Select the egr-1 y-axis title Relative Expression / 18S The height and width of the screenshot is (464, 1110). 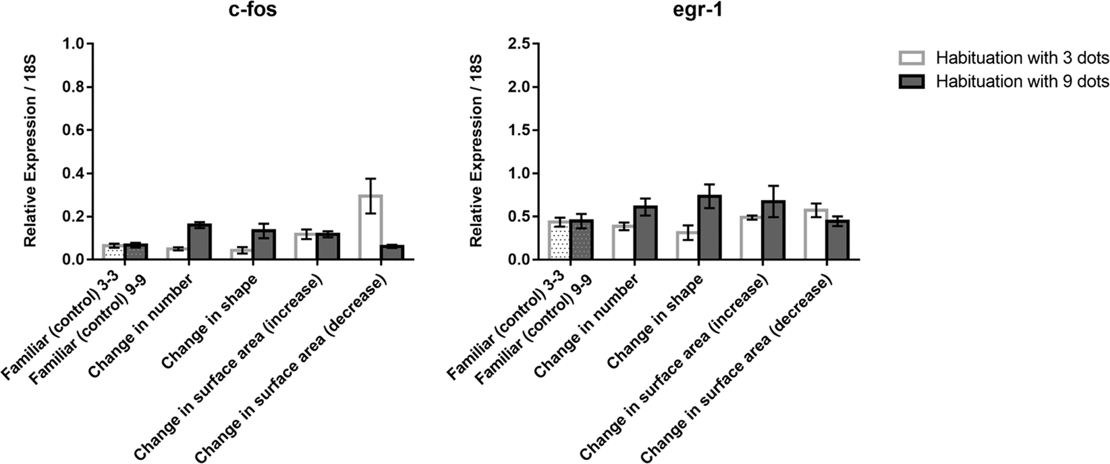tap(476, 152)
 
